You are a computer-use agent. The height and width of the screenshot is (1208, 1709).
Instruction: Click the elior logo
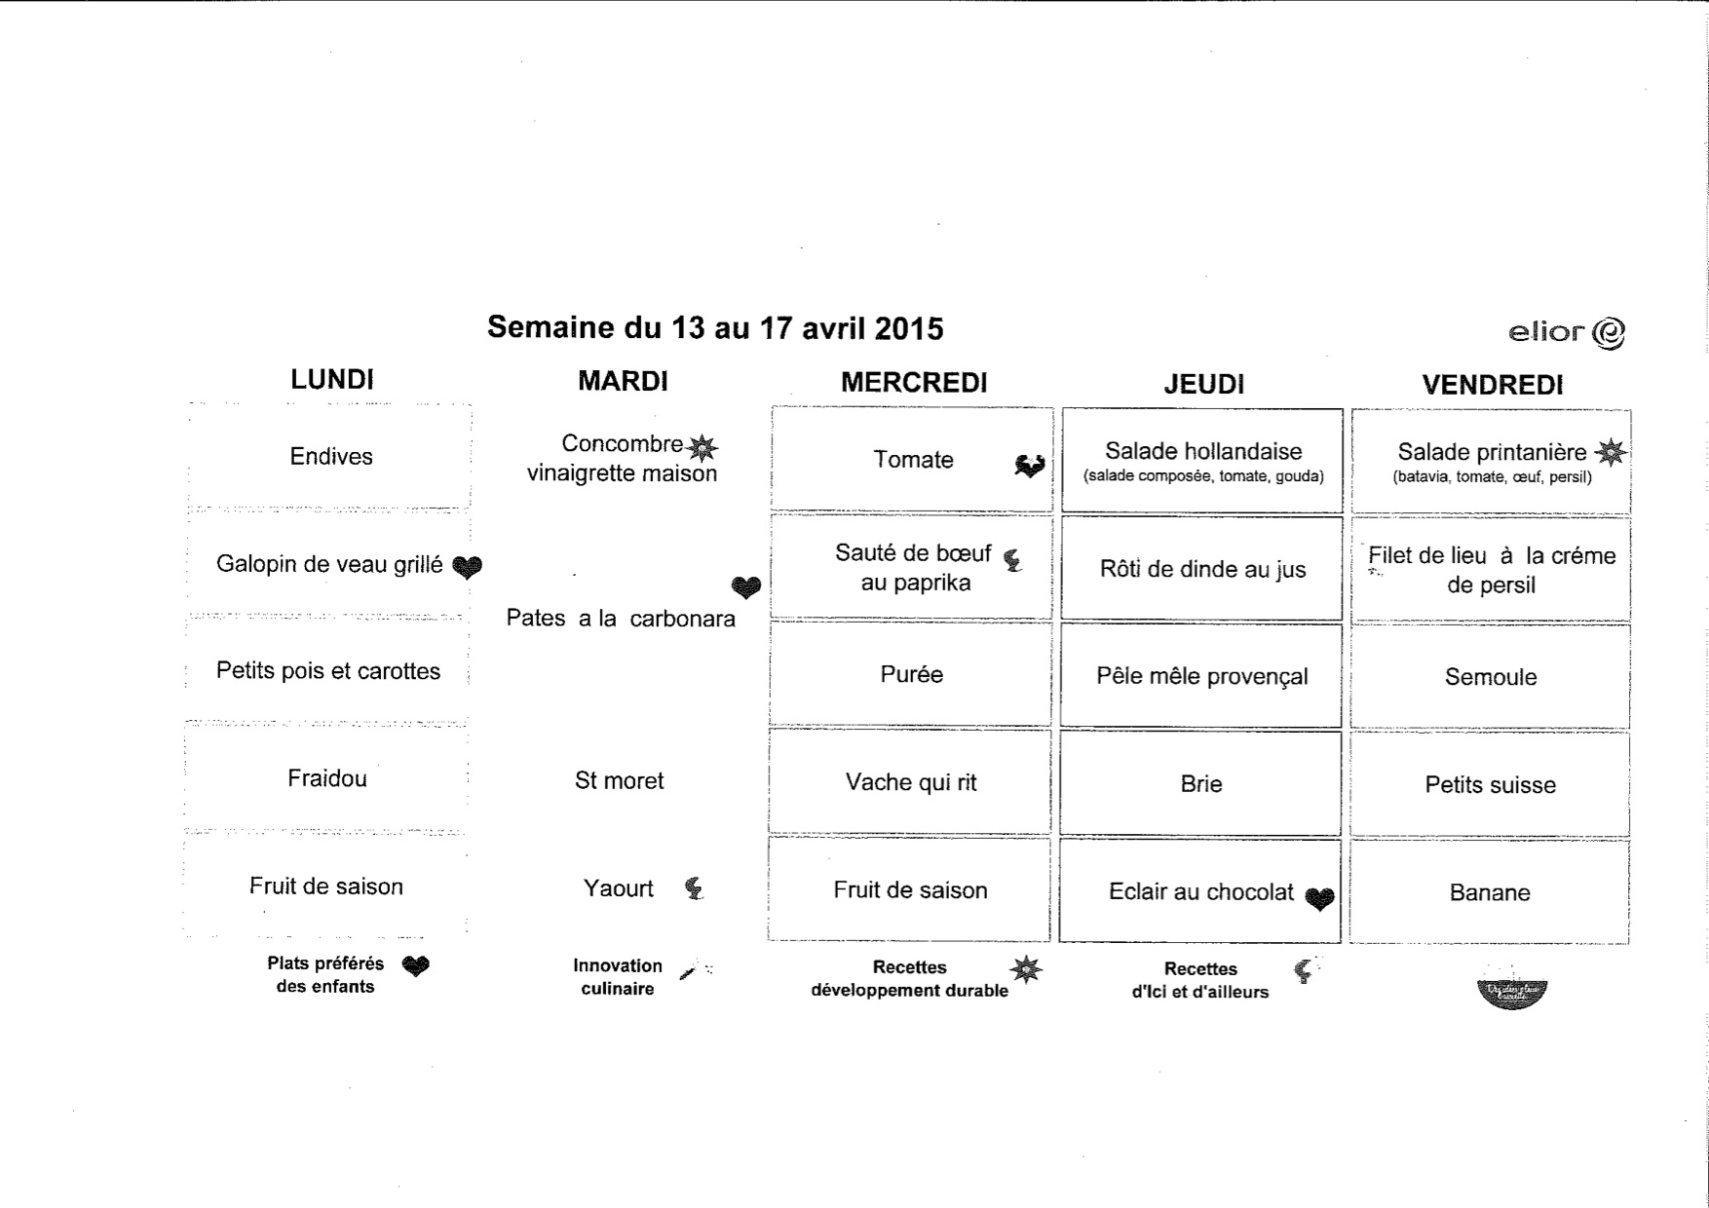click(x=1566, y=333)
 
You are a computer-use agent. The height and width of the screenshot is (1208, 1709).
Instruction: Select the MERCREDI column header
click(x=914, y=383)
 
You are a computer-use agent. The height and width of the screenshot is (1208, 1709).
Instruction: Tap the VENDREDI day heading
click(x=1492, y=385)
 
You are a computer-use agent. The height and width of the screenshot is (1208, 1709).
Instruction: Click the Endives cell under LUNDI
click(x=331, y=456)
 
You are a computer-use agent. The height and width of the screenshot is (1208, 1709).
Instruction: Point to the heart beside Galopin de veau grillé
click(x=468, y=566)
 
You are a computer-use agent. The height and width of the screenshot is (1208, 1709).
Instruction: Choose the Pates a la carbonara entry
click(x=621, y=619)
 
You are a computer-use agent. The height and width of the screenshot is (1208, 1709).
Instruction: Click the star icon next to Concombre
click(x=702, y=448)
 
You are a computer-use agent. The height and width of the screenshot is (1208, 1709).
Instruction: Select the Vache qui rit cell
click(x=911, y=782)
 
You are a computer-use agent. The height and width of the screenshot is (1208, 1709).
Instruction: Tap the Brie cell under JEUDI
click(x=1200, y=784)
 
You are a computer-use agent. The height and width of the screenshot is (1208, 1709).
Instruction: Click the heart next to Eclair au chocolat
click(x=1319, y=898)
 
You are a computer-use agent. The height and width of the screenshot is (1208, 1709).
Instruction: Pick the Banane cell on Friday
click(x=1490, y=892)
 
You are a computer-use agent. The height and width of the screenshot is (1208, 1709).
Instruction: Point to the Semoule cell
click(x=1491, y=677)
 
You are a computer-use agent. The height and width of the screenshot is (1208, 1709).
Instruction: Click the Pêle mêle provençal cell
click(x=1201, y=676)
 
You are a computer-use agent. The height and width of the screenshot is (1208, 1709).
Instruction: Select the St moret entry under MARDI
click(x=619, y=780)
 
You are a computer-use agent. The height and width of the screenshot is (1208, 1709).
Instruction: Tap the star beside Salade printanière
click(x=1611, y=452)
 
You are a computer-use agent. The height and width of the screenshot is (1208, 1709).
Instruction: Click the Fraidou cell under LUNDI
click(x=327, y=778)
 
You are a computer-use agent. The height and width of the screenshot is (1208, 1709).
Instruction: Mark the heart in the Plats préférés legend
click(x=416, y=965)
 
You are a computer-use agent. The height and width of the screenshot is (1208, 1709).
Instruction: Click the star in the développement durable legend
click(x=1026, y=969)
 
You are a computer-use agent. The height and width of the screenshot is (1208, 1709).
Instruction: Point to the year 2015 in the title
click(x=909, y=328)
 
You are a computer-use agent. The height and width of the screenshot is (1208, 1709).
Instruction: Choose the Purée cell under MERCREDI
click(x=911, y=674)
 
